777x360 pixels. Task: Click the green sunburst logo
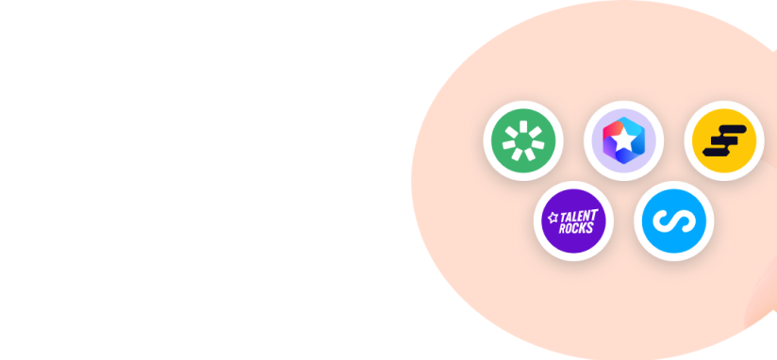(523, 140)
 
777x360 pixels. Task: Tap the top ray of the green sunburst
(523, 125)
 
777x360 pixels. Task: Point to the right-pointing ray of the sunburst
(538, 145)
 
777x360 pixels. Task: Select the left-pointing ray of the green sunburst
(509, 145)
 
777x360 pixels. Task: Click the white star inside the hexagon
(624, 140)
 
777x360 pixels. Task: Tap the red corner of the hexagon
(609, 130)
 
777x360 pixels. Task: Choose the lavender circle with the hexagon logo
(624, 140)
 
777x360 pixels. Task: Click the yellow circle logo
(724, 140)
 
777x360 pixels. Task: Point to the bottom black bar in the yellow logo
(716, 152)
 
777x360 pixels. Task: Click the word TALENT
(579, 217)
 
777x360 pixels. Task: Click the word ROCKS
(576, 228)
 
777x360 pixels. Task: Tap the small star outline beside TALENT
(553, 218)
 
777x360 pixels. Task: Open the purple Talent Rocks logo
(573, 221)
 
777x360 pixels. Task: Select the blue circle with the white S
(674, 221)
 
